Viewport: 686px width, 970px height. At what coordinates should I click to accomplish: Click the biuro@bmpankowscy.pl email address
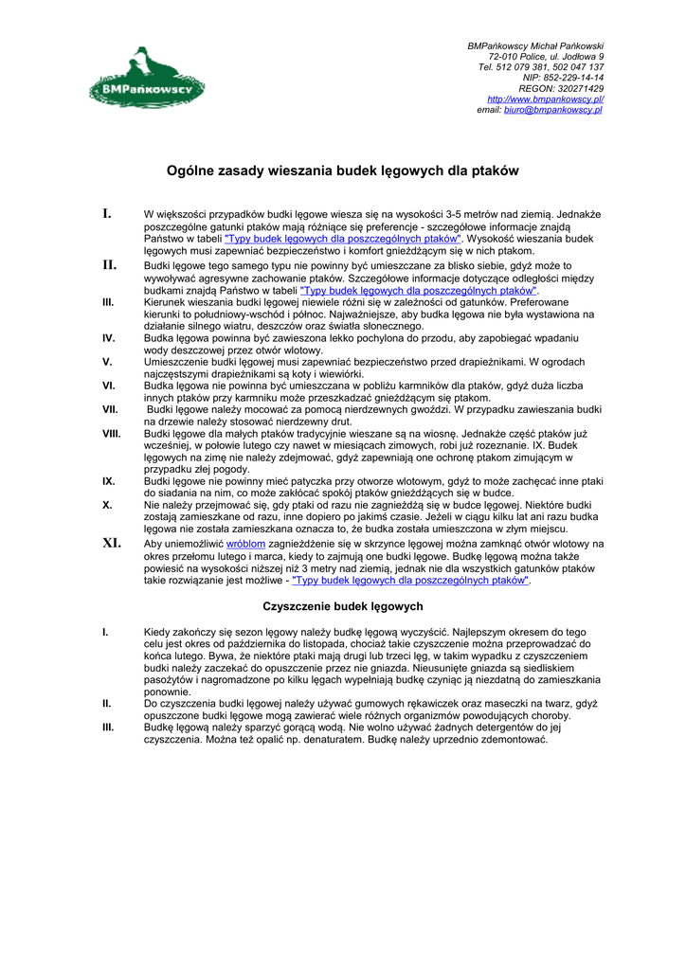coord(553,110)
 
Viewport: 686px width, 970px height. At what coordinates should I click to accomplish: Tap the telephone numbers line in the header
coord(541,67)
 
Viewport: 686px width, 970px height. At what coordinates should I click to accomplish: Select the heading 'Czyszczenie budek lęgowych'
coord(342,605)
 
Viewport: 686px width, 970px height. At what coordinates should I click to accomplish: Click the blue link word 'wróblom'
coord(245,544)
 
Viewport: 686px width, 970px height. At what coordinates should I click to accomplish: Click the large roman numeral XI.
coord(113,544)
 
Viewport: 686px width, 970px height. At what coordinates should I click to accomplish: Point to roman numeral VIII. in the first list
coord(111,433)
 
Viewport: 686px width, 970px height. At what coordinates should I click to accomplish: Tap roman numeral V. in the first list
coord(107,362)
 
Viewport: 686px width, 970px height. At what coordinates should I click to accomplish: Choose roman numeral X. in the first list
coord(107,506)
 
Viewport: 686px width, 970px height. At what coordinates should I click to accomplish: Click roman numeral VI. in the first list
coord(109,386)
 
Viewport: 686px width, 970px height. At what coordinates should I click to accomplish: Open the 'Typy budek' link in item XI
coord(410,581)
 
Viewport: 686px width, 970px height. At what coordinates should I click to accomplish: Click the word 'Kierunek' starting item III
coord(166,302)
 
